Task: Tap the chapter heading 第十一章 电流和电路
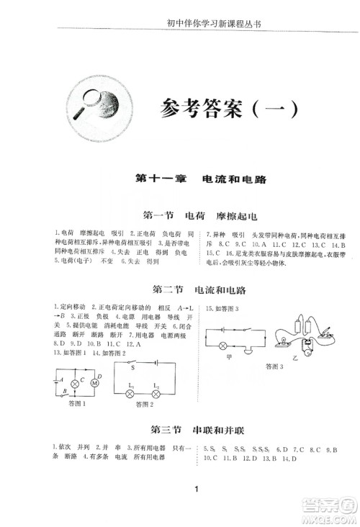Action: click(x=200, y=179)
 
